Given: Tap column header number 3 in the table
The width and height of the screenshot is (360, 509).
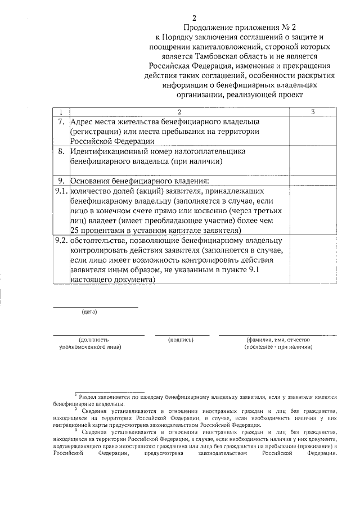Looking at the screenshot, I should pos(312,111).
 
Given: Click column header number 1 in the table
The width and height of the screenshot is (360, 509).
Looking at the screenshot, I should pos(61,111).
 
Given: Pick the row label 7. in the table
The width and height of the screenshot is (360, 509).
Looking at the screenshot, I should pos(61,121).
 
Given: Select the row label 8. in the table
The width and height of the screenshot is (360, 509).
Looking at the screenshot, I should pos(61,151).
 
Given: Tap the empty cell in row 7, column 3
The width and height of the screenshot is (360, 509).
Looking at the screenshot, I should pos(312,131).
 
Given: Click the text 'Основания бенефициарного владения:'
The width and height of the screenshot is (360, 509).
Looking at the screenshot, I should pos(139,181).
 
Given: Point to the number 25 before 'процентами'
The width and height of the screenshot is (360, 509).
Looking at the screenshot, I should pos(75,230).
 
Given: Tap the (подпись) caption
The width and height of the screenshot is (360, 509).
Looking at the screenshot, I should pos(181,340).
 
